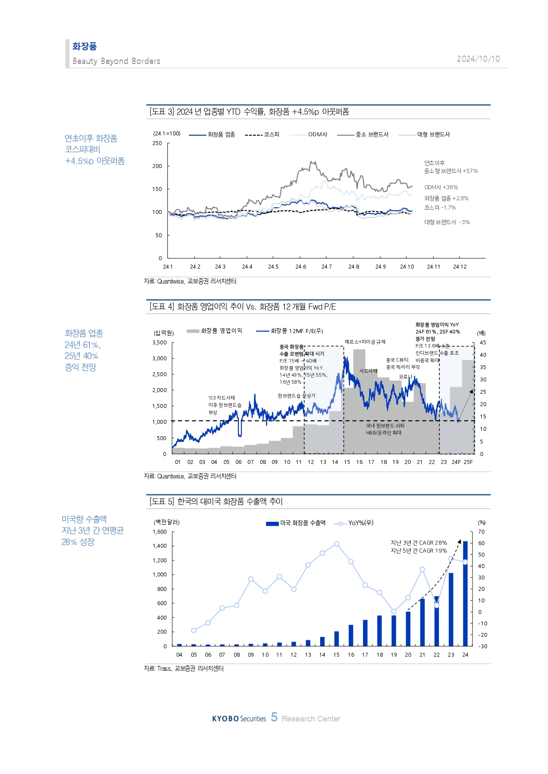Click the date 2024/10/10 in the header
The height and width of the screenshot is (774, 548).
[x=478, y=59]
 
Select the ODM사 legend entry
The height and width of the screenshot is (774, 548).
[x=317, y=135]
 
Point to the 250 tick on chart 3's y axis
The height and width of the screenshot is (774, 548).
[x=157, y=143]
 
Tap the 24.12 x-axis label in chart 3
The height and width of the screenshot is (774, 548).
[x=460, y=267]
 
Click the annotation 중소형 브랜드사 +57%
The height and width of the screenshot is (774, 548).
[x=451, y=171]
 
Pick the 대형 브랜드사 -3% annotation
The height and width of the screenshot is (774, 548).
[x=447, y=222]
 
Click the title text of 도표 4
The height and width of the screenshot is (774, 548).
[x=243, y=307]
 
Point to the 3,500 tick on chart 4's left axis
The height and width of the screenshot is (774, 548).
[x=159, y=343]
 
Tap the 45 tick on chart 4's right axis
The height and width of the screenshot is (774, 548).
[x=483, y=343]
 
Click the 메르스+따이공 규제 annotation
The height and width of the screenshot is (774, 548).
[x=365, y=342]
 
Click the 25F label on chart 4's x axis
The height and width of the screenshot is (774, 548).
[x=468, y=462]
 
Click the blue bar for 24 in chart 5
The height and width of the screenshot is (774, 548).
[x=465, y=595]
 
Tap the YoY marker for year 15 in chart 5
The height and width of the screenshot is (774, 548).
[x=336, y=544]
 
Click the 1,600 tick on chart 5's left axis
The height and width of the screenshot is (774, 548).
[x=159, y=532]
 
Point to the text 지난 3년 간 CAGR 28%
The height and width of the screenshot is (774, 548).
[x=419, y=543]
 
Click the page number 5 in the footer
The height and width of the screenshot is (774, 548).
[x=274, y=718]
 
